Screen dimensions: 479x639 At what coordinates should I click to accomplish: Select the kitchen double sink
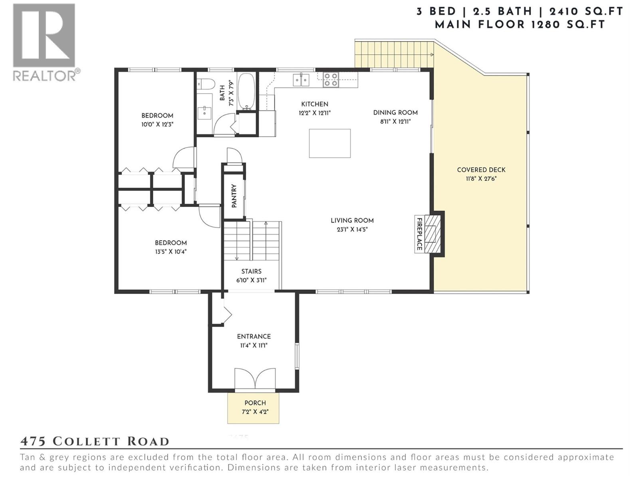301,80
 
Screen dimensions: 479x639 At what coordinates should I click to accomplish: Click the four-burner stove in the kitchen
331,79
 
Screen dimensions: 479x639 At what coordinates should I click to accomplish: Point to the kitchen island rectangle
330,143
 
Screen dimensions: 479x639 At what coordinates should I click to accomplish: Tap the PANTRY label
234,196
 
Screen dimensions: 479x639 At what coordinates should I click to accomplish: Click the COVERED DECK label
481,170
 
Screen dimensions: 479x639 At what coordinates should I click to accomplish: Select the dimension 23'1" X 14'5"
352,230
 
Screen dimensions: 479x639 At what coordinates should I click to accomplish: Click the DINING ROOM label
395,113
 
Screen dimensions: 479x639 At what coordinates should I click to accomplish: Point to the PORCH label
255,403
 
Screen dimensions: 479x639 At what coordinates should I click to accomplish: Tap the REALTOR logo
45,42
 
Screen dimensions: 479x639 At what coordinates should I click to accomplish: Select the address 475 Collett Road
95,441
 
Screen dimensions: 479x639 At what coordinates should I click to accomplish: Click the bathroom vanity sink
204,111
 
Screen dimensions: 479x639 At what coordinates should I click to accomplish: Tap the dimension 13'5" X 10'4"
171,251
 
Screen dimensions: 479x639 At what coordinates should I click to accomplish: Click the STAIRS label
251,271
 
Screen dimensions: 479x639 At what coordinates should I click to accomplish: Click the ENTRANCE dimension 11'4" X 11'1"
254,345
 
